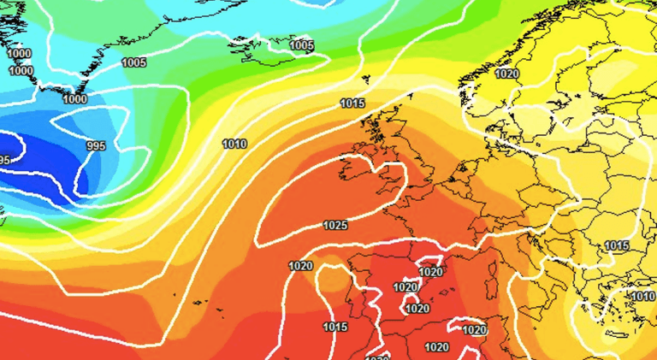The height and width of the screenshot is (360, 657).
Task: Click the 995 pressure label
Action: click(x=96, y=146)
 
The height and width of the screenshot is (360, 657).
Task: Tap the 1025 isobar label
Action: click(x=335, y=226)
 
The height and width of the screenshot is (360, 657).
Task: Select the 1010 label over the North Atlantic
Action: click(x=234, y=144)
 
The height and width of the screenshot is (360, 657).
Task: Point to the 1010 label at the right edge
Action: click(x=642, y=297)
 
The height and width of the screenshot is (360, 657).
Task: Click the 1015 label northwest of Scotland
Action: click(x=352, y=103)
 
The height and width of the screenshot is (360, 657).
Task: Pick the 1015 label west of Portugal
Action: click(x=335, y=327)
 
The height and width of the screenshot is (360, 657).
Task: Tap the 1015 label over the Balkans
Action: click(x=617, y=246)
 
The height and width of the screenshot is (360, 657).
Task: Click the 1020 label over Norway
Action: click(x=506, y=74)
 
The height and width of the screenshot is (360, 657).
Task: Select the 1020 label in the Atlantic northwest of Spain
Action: click(x=300, y=266)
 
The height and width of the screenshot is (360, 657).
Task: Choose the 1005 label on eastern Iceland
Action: click(x=301, y=45)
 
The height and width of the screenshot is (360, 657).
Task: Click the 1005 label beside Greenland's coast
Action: click(x=133, y=62)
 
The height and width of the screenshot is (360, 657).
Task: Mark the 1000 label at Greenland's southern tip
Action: click(x=74, y=99)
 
